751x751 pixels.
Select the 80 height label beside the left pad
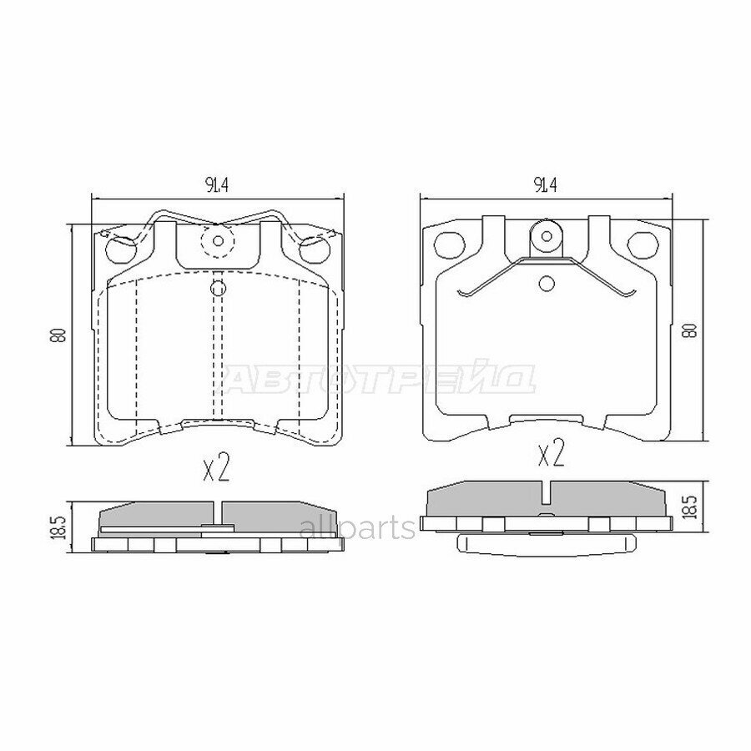58,335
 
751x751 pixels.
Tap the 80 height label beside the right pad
689,329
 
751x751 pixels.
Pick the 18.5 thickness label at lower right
689,507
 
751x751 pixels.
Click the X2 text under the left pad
216,469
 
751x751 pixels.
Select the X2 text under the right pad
552,455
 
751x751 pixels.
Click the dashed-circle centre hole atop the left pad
219,242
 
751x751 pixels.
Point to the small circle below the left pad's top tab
218,289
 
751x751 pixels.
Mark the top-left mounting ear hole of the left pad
121,247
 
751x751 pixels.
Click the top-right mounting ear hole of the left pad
313,247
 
